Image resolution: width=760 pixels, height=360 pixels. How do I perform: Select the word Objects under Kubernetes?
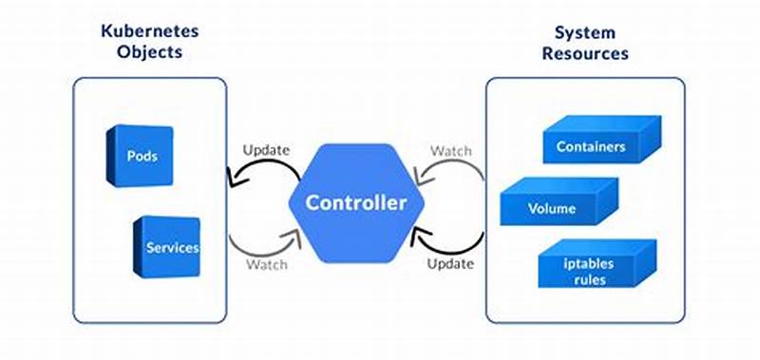(150, 53)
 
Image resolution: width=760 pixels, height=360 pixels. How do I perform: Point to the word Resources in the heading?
(585, 53)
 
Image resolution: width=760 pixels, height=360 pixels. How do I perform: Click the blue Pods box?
(140, 155)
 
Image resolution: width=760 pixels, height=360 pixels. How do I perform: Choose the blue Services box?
(168, 248)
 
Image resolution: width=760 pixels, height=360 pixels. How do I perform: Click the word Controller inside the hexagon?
(355, 202)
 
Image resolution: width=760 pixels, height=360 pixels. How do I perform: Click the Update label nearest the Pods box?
(266, 150)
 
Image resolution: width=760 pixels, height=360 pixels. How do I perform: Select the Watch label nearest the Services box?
(266, 263)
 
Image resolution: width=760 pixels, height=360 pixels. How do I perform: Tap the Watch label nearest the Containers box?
(450, 150)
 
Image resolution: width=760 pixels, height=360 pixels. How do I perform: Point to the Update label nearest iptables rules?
(450, 262)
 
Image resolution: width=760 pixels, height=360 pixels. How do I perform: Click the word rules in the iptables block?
(589, 280)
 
